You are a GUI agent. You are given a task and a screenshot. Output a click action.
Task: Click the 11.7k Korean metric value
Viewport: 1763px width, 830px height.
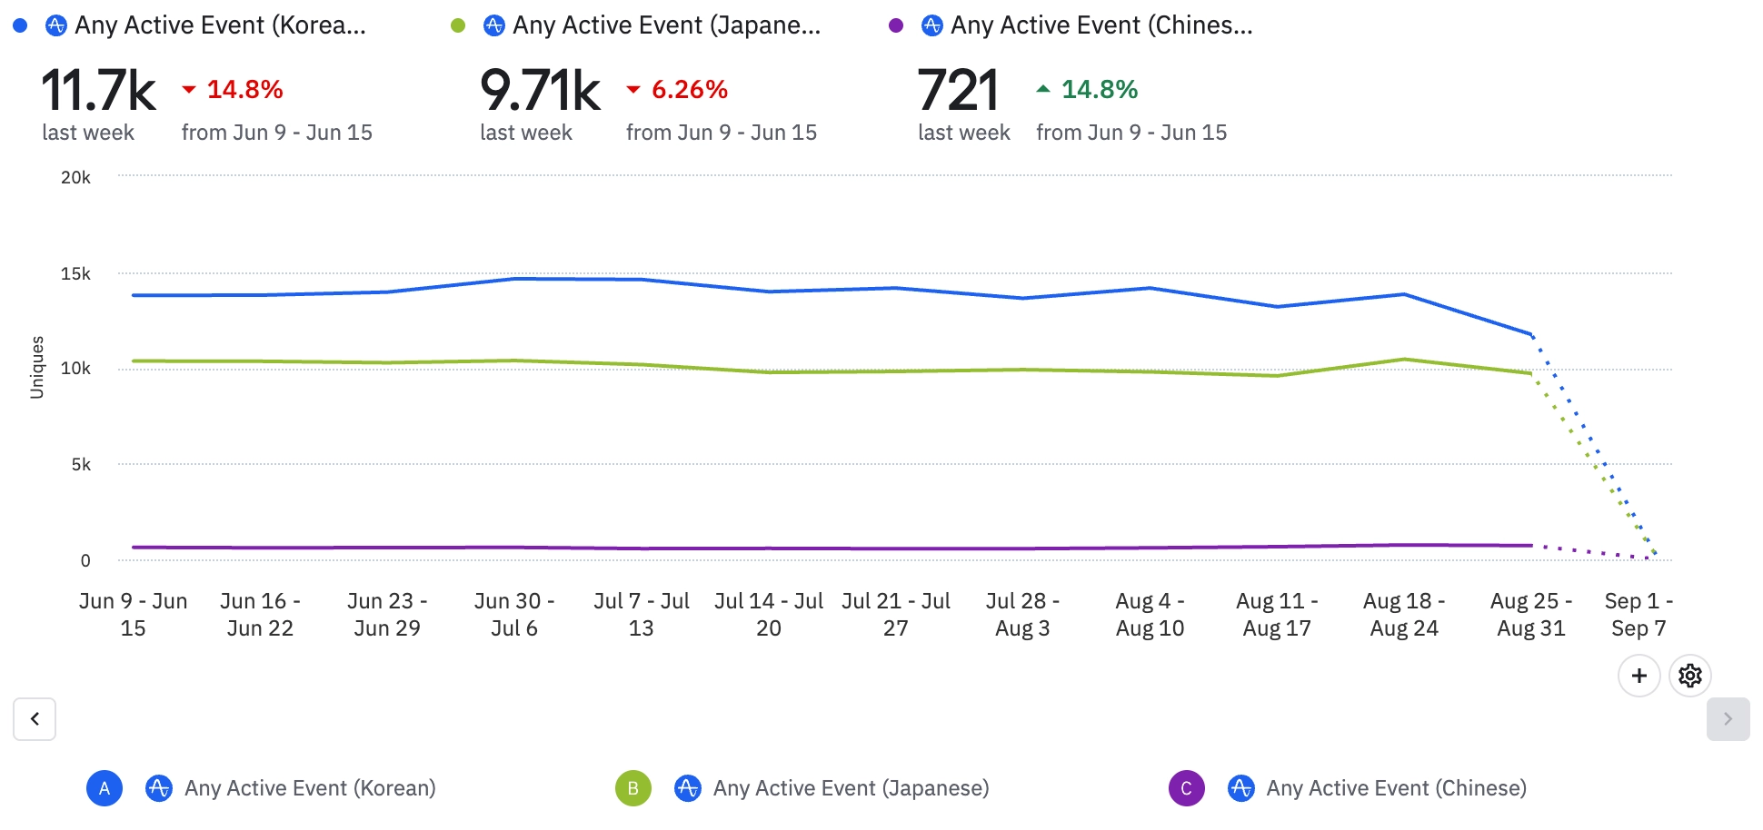(98, 90)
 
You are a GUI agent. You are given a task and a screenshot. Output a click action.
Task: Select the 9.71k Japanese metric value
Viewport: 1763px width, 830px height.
(540, 90)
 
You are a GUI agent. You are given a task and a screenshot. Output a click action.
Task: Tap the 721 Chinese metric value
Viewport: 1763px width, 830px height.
(958, 90)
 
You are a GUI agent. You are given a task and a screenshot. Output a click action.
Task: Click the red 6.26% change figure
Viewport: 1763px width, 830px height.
(689, 90)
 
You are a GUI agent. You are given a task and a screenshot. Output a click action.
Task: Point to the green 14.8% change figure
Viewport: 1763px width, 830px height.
(1099, 90)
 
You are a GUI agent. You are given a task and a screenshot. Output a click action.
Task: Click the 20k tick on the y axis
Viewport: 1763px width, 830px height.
(75, 178)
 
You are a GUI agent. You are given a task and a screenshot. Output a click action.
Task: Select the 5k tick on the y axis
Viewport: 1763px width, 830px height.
(81, 465)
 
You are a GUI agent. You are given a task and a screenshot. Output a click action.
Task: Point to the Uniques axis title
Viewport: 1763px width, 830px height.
(37, 367)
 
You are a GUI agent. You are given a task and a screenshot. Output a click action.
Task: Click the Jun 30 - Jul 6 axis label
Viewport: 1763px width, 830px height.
(514, 615)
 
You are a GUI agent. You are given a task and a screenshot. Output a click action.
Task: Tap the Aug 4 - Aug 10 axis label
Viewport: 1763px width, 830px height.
(1150, 615)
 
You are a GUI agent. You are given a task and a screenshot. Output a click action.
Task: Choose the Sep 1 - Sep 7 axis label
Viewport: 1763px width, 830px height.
(1638, 615)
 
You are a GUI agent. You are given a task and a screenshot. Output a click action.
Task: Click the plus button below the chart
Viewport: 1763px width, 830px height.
(1639, 676)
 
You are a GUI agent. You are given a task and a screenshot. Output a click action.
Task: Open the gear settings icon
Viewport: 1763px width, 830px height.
(1690, 676)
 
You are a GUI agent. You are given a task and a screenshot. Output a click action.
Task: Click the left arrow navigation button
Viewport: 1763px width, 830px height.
(35, 719)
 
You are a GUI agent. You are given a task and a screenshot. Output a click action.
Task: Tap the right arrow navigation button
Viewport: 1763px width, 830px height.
(1728, 719)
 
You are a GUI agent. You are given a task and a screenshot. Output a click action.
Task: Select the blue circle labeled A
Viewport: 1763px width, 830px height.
(105, 788)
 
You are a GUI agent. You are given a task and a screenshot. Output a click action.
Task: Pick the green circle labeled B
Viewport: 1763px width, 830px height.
(633, 788)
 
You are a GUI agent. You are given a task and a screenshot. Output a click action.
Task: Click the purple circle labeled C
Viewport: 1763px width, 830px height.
(1187, 788)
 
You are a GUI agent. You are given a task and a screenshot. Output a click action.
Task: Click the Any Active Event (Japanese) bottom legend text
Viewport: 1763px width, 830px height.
(851, 788)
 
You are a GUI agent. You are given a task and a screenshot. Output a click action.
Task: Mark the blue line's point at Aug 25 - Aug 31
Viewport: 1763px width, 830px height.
(1531, 334)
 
